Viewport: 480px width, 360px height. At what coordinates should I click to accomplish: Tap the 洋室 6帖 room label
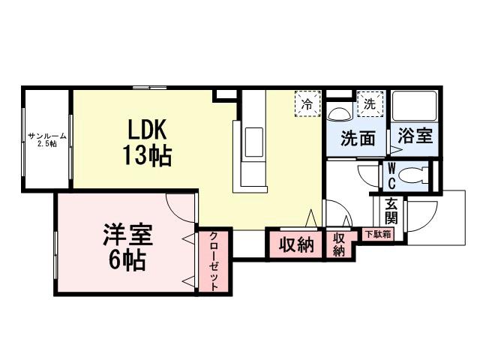coord(127,247)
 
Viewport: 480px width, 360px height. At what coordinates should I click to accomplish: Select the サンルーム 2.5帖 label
coord(46,139)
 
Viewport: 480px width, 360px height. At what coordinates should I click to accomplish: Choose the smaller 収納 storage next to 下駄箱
coord(339,244)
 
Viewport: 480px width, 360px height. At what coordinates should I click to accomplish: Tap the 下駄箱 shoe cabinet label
coord(377,234)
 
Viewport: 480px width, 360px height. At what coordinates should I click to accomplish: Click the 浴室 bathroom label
coord(414,137)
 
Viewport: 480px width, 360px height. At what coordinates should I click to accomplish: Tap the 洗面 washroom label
coord(358,138)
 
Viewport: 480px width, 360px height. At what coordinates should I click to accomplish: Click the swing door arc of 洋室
coord(181,202)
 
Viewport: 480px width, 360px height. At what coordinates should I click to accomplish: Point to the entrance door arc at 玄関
coord(419,217)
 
